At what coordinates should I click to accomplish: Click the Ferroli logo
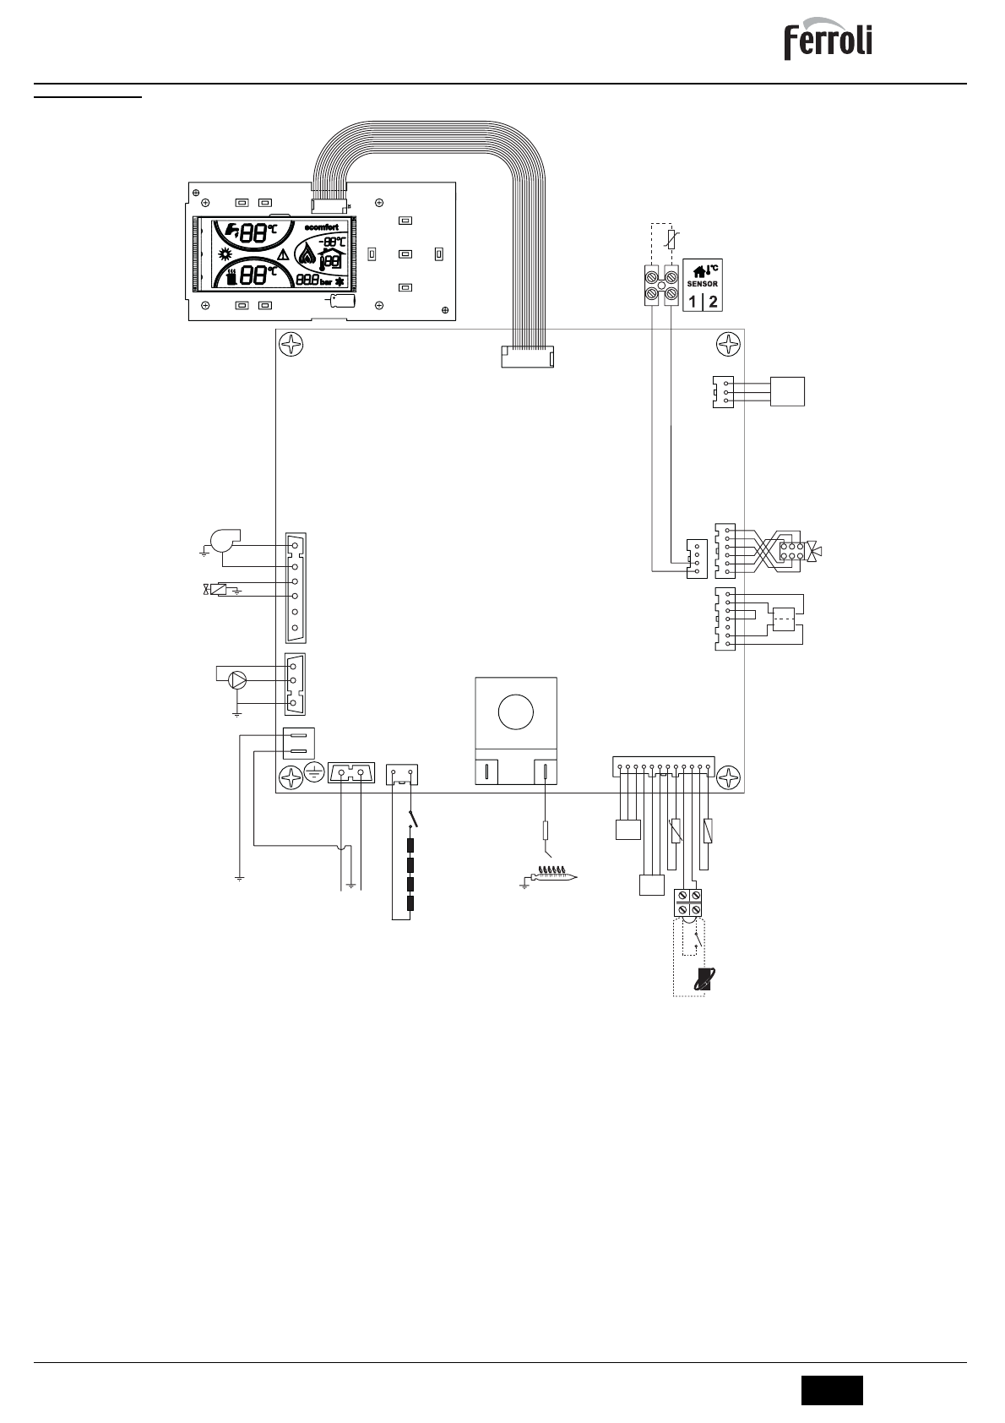(828, 41)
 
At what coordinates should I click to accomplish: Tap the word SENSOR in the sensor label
(702, 284)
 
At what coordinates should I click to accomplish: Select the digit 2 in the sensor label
(713, 302)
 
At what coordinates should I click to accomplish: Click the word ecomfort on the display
(321, 226)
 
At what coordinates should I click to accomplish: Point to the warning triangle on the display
(283, 254)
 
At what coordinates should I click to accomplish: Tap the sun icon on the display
(225, 254)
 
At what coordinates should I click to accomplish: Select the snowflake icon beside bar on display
(340, 281)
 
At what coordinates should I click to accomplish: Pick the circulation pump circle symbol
(239, 679)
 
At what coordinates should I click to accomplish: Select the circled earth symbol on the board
(314, 772)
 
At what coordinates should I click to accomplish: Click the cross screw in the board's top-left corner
(291, 344)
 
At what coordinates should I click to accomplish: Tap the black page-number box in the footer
(832, 1389)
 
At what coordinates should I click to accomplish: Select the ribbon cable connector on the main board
(526, 357)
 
